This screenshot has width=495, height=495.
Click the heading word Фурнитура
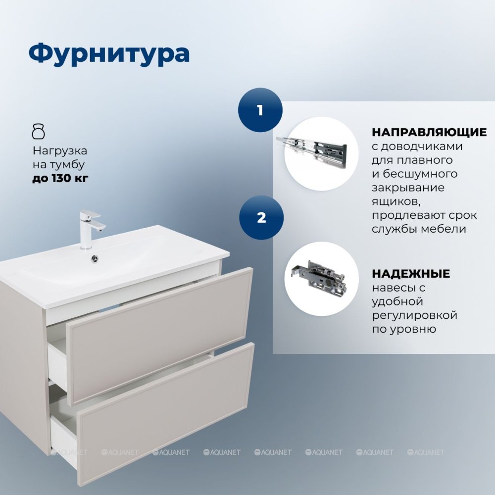tap(109, 53)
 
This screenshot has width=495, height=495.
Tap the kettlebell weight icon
tap(39, 132)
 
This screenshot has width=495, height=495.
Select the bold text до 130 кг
tap(60, 178)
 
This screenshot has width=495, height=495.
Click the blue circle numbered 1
tap(260, 110)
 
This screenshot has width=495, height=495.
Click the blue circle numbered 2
tap(261, 218)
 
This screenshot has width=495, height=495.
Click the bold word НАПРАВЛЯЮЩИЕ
tap(429, 132)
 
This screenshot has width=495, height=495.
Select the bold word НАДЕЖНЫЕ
tap(411, 274)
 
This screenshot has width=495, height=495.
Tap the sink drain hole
tap(95, 259)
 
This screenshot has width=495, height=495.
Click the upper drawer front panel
tap(160, 337)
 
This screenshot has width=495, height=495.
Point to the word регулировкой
tap(414, 315)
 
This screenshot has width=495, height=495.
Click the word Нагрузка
tap(60, 151)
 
